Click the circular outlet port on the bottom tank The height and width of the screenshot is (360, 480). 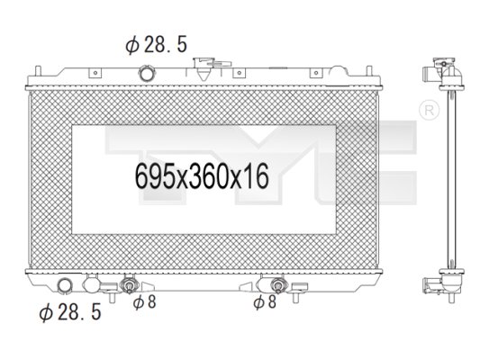[65, 287]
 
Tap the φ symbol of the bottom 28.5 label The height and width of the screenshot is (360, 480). [44, 313]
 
